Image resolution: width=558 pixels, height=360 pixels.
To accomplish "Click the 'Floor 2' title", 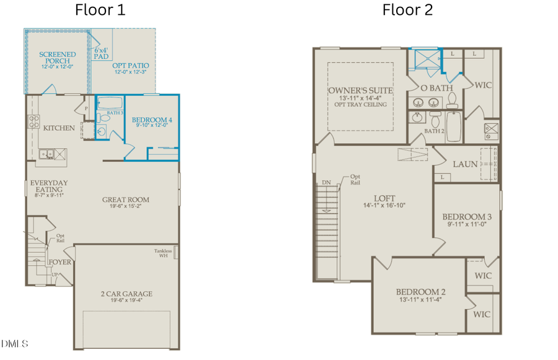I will coord(407,10).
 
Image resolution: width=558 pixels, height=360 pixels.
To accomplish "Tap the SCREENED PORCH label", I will coord(58,58).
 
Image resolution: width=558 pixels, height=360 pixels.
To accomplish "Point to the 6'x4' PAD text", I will coord(101,52).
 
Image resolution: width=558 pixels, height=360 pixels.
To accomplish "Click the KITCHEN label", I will coord(59,128).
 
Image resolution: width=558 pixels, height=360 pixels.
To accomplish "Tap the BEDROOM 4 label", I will coord(152,120).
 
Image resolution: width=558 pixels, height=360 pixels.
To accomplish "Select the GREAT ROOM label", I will coord(126,200).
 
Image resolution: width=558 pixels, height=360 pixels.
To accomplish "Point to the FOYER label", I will coord(60,262).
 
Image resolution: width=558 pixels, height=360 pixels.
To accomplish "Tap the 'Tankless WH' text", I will coord(163,253).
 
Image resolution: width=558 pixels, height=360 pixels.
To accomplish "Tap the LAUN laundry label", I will coord(465,164).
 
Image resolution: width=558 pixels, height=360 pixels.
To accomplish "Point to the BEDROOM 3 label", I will coord(467,217).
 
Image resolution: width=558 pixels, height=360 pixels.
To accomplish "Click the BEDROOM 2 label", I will coord(421,292).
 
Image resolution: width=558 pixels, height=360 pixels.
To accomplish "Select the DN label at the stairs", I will coord(326,183).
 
